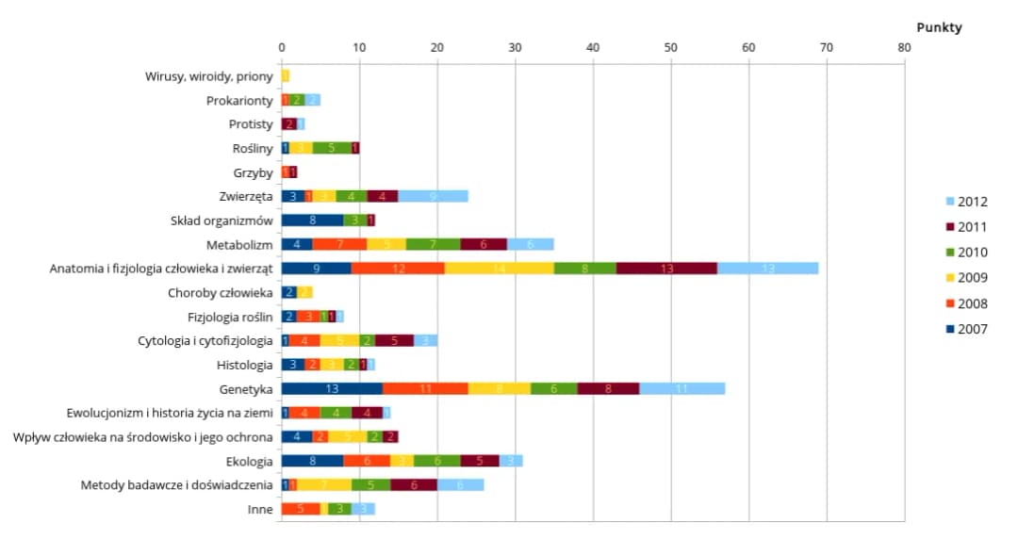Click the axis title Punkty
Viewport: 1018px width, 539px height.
[x=938, y=27]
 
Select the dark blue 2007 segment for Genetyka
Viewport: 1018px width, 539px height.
[x=332, y=388]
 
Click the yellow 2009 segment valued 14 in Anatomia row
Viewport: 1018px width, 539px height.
[x=500, y=269]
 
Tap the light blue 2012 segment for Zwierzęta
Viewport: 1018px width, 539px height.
[x=434, y=196]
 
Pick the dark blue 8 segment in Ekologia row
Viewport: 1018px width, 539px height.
[x=312, y=461]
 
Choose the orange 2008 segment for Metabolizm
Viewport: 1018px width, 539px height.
[x=339, y=244]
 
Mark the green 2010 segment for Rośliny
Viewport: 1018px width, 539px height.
[x=332, y=148]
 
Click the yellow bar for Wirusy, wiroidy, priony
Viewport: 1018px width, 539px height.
[x=286, y=75]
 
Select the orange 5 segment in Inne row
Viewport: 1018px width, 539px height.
[x=301, y=509]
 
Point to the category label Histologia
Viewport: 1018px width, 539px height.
[x=245, y=364]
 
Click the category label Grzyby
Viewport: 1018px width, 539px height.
[x=253, y=172]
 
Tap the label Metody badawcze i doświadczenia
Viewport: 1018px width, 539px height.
[x=177, y=485]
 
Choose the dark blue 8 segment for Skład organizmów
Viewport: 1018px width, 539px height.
[x=312, y=220]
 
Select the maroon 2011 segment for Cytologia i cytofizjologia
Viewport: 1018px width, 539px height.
[x=394, y=340]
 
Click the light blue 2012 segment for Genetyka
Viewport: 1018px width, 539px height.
[x=682, y=388]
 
